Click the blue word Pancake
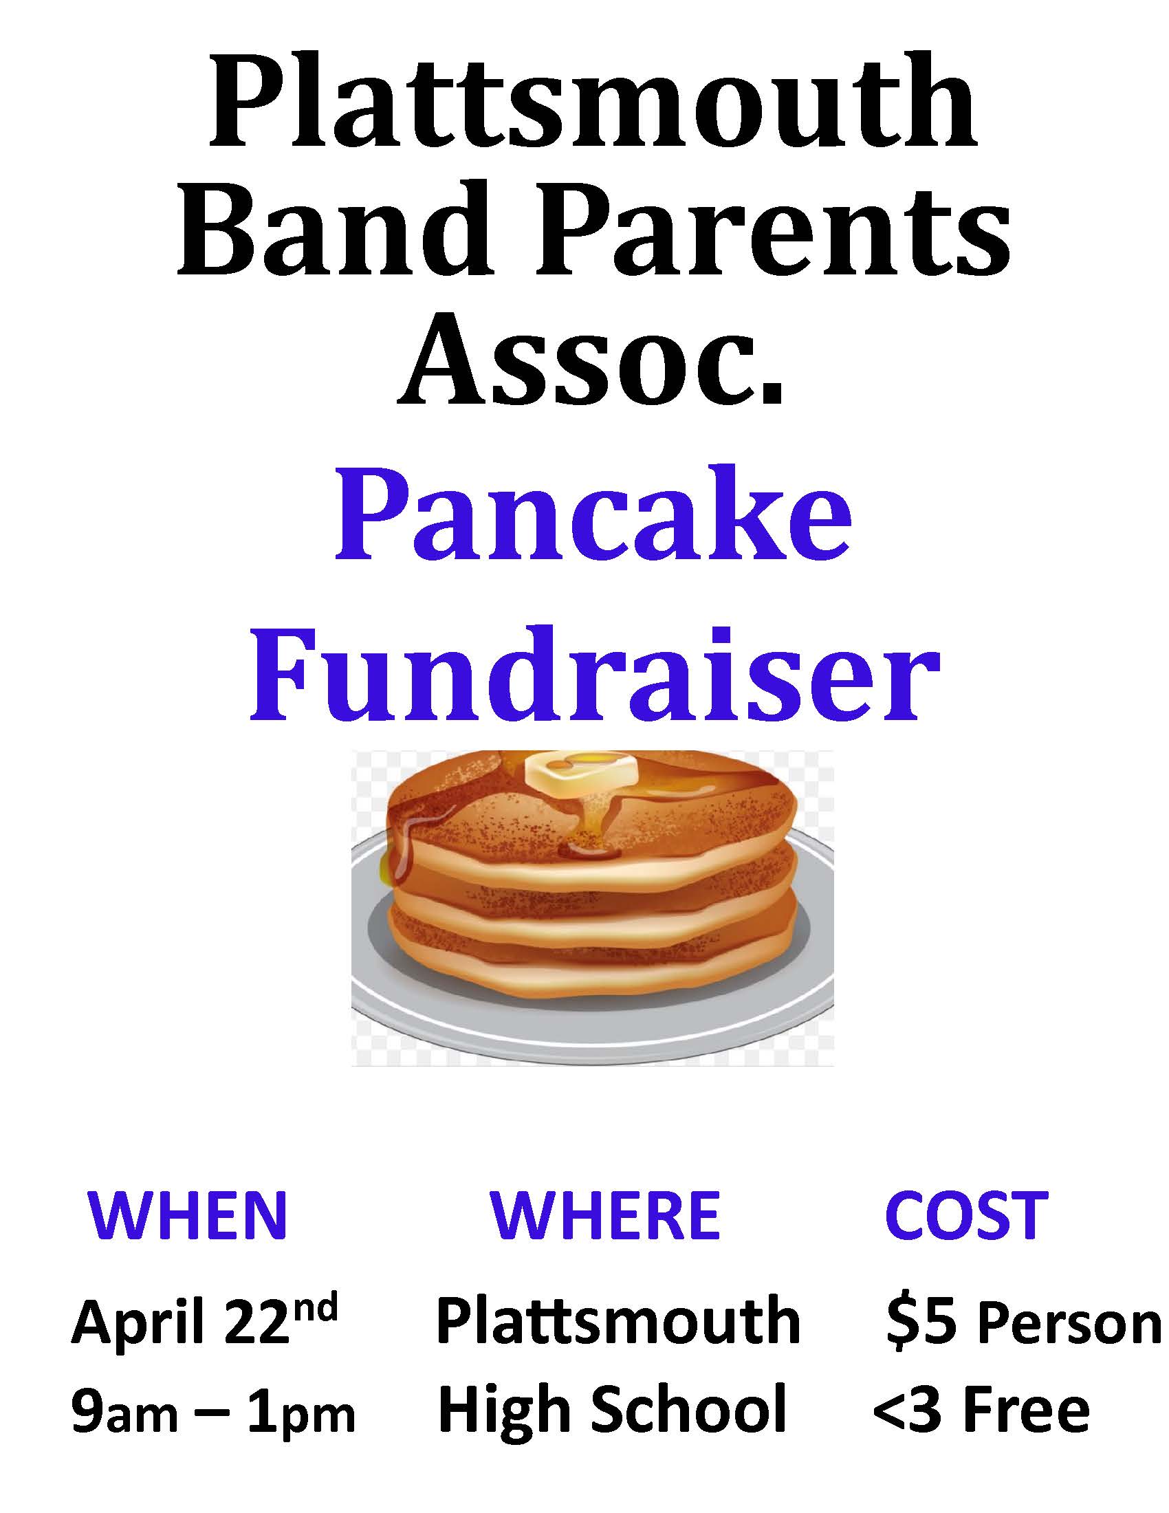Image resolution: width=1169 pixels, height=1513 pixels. [x=593, y=519]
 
